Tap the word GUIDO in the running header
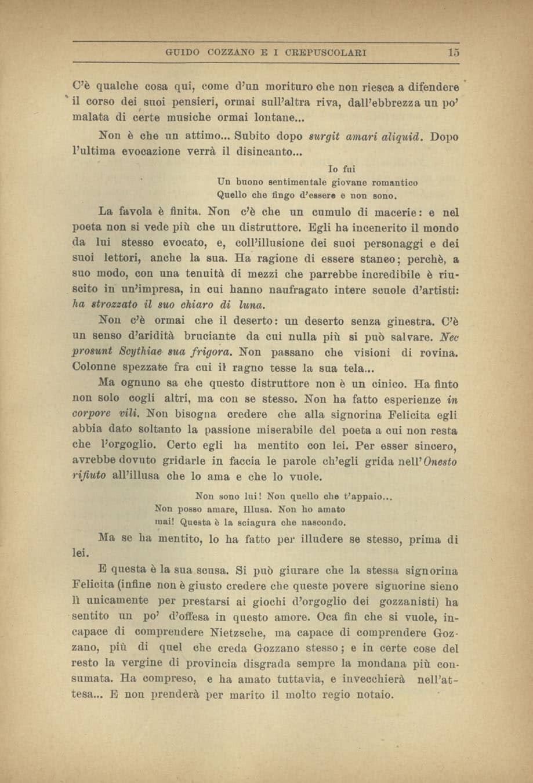tap(179, 53)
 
